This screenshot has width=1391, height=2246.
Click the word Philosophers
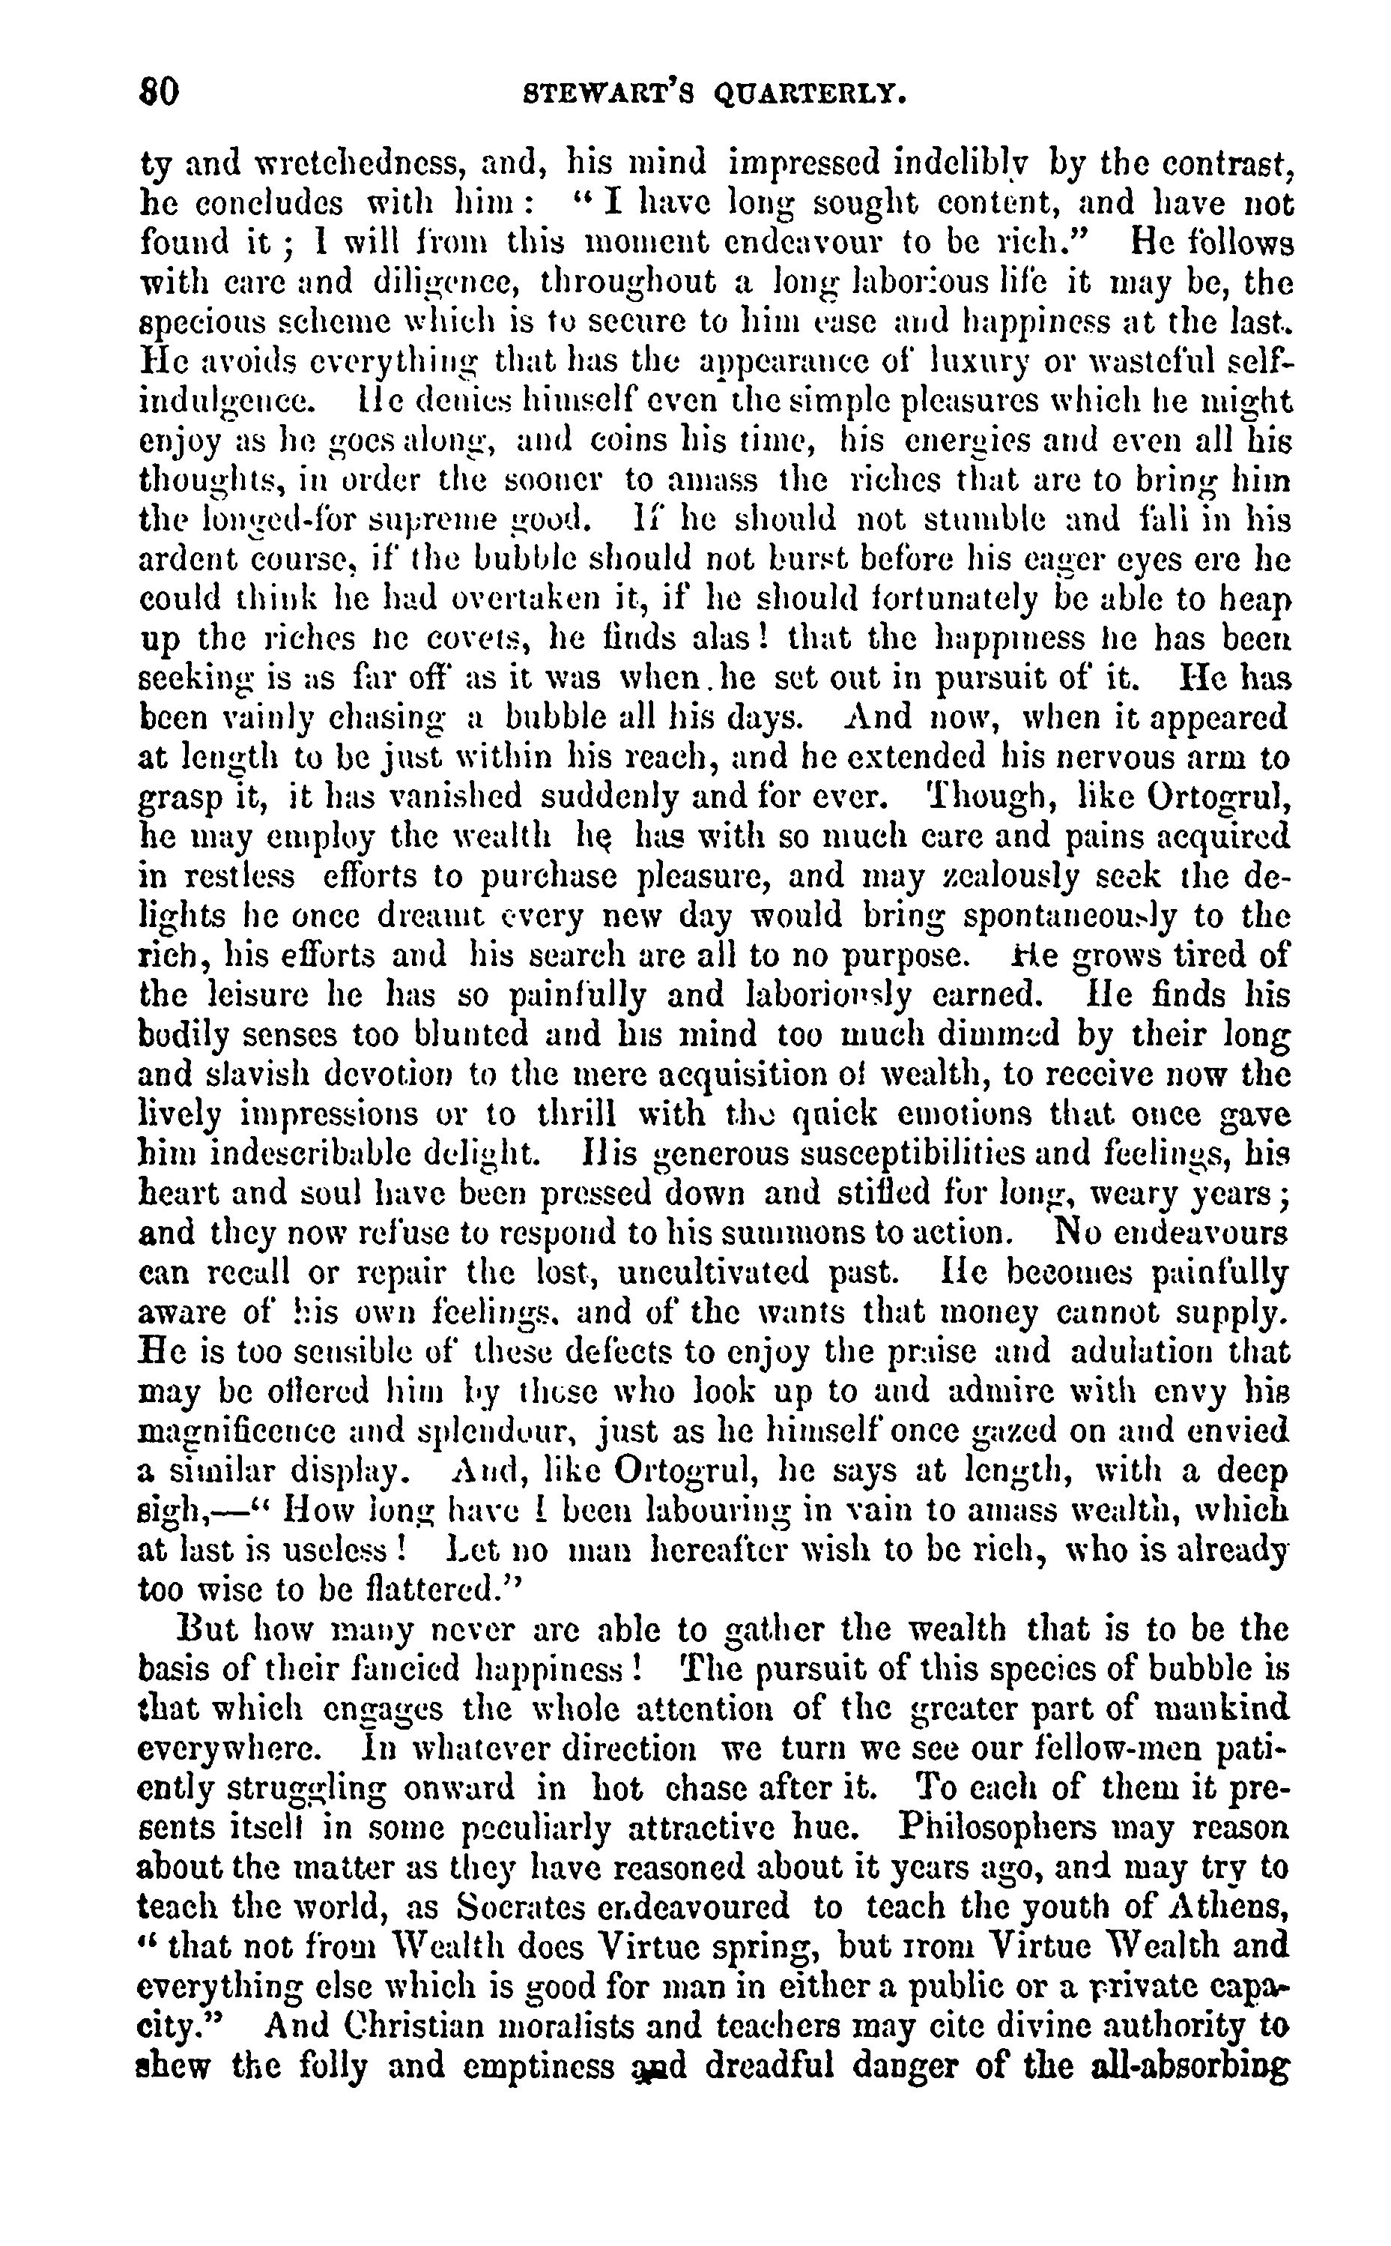(x=1031, y=1826)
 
